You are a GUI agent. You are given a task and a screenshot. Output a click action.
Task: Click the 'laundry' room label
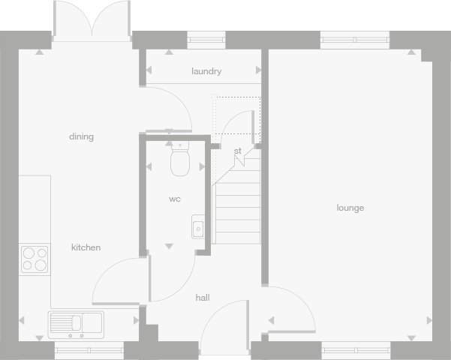[206, 71]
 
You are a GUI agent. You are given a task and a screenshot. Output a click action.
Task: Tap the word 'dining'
[81, 136]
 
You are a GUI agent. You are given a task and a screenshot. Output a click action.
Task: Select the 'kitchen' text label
[86, 247]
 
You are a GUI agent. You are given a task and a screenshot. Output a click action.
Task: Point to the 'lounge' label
[350, 208]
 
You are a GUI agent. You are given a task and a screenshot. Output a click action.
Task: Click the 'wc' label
[174, 199]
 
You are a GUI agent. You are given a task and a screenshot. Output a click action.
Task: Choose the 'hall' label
[203, 298]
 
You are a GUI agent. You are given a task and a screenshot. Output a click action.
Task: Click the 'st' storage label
[237, 151]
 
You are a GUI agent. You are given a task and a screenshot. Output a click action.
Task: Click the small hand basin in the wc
[197, 226]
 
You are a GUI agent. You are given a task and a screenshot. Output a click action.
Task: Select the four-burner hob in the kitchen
[35, 258]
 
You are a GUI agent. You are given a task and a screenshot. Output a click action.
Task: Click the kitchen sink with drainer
[77, 324]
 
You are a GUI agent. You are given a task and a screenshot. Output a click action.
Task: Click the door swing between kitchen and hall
[119, 281]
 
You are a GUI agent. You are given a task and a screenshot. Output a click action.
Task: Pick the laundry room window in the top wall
[206, 40]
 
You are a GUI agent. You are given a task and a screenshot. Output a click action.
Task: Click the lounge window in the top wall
[355, 40]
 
